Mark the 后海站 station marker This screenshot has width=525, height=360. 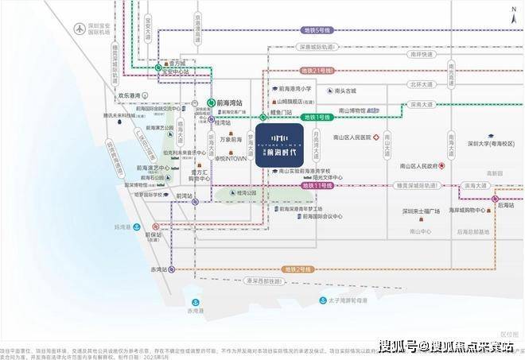pos(495,199)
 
